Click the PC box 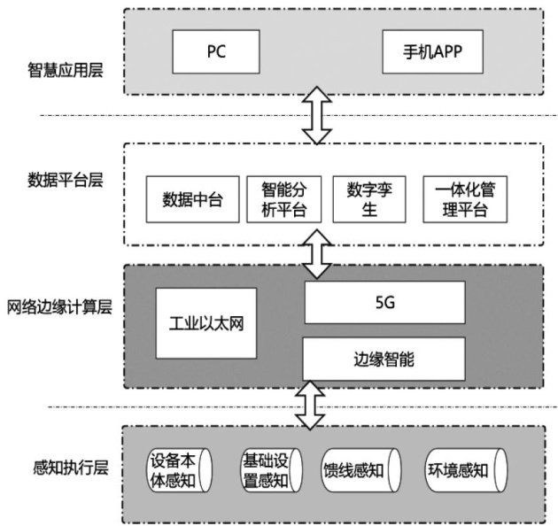pos(216,51)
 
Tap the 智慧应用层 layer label pos(66,68)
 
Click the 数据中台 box pos(192,199)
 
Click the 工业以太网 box pos(205,322)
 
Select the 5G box pos(384,303)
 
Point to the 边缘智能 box pos(384,359)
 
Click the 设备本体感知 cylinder pos(180,470)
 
